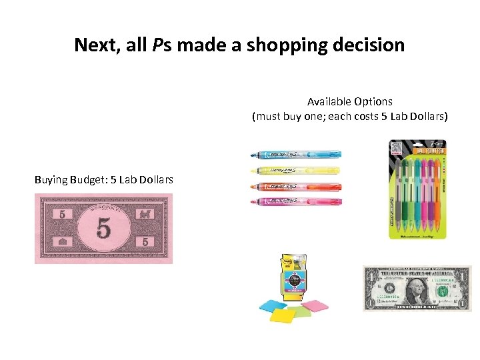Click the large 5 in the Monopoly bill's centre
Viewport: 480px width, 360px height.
coord(103,229)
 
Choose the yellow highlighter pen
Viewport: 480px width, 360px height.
coord(293,171)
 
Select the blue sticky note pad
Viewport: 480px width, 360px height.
coord(273,306)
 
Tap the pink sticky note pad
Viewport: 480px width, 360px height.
coord(314,306)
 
